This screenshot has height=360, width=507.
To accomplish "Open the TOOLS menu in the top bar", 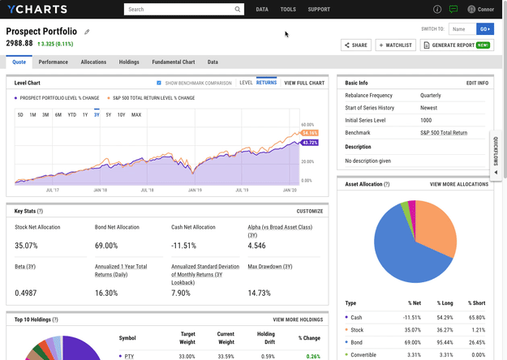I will pos(288,10).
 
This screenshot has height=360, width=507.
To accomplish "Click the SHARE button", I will pos(355,45).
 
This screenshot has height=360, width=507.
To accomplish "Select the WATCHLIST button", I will pos(395,45).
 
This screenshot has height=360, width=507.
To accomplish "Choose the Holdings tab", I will pos(129,62).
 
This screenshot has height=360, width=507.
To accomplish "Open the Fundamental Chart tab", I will pos(173,62).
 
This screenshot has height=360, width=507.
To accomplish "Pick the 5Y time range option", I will pos(108,114).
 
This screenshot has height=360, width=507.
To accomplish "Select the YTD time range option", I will pos(71,114).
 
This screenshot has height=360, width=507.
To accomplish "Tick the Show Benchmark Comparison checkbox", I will pos(159,83).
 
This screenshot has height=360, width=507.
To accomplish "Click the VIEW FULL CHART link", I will pos(304,83).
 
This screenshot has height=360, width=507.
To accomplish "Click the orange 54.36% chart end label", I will pos(309,132).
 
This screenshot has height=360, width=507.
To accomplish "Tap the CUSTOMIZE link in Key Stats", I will pos(309,211).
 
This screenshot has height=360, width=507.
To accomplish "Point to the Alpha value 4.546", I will pos(258,245).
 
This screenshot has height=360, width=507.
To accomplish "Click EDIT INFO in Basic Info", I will pos(477,83).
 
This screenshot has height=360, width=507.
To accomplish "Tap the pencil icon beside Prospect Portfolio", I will pos(88,32).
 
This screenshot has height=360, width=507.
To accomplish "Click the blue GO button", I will pos(485,28).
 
